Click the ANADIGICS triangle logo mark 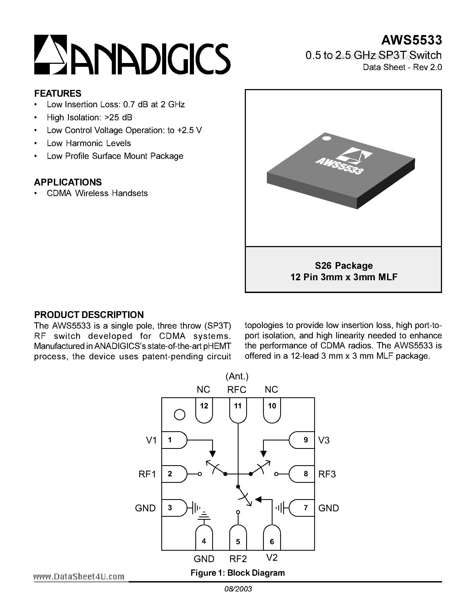tap(50, 55)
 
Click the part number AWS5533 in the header tap(411, 40)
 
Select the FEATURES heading tap(58, 93)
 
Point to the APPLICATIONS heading tap(68, 182)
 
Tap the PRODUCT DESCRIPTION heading tap(89, 315)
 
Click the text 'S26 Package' tap(344, 265)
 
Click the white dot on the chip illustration tap(327, 138)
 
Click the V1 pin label tap(151, 440)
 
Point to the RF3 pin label tap(327, 474)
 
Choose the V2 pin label tap(272, 558)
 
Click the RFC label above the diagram tap(237, 390)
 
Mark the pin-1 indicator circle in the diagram tap(180, 415)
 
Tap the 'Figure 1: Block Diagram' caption tap(237, 573)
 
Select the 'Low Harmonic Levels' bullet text tap(89, 143)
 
